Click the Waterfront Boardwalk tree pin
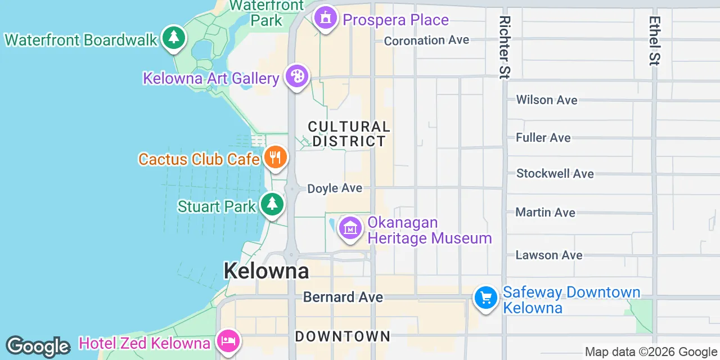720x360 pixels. point(174,38)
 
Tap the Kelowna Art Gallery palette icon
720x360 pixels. point(296,76)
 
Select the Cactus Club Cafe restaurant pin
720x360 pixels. point(275,157)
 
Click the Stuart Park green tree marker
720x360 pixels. point(273,204)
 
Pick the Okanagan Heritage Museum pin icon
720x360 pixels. point(350,228)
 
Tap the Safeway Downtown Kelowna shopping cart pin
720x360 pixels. point(485,298)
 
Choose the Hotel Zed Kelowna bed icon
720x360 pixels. point(228,341)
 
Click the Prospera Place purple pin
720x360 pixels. point(325,18)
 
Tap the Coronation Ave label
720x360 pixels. point(426,40)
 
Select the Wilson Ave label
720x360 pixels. point(547,100)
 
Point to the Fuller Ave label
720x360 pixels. point(543,138)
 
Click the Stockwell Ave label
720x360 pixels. point(555,173)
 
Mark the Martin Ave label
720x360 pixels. point(546,213)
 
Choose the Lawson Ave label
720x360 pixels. point(549,255)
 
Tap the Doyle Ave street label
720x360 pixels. point(335,188)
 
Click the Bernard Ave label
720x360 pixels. point(343,297)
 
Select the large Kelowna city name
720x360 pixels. point(266,271)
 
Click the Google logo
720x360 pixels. point(38,346)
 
